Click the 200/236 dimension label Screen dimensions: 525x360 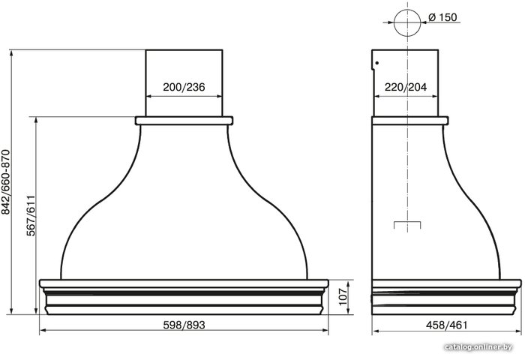(x=184, y=87)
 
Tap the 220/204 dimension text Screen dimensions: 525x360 (x=406, y=87)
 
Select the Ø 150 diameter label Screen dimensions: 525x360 (x=442, y=17)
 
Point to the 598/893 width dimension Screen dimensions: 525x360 (x=184, y=325)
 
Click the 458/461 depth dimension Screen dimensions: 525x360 (x=446, y=325)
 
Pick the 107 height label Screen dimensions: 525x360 (x=343, y=296)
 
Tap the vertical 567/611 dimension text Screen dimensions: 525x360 (x=31, y=215)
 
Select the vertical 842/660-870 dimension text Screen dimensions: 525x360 (x=6, y=181)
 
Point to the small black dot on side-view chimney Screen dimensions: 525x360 (x=377, y=63)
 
